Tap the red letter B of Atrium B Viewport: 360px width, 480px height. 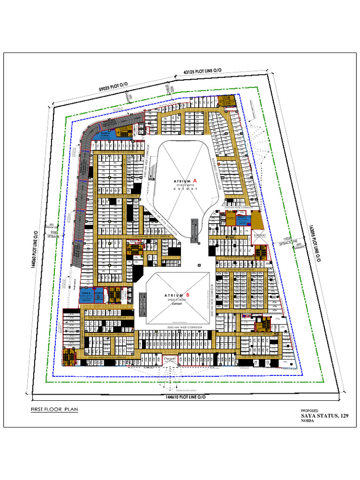pyautogui.click(x=188, y=295)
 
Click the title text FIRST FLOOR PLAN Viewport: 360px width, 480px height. pyautogui.click(x=54, y=409)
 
